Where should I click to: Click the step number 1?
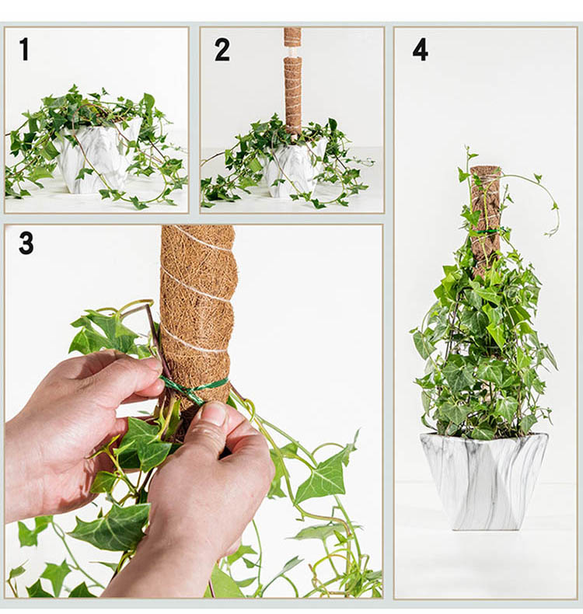pyautogui.click(x=25, y=49)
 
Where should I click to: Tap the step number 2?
pyautogui.click(x=222, y=49)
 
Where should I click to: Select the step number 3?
pyautogui.click(x=26, y=243)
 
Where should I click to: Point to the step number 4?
pyautogui.click(x=420, y=49)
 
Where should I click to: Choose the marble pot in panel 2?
pyautogui.click(x=294, y=169)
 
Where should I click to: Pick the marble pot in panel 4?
pyautogui.click(x=484, y=481)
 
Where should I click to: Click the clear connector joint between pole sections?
pyautogui.click(x=292, y=51)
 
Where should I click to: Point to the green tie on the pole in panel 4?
pyautogui.click(x=486, y=232)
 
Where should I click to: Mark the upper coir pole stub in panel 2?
pyautogui.click(x=292, y=37)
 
